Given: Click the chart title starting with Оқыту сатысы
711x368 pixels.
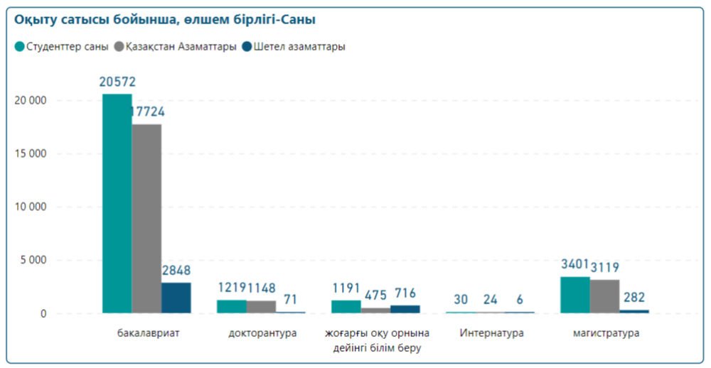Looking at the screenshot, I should (x=166, y=20).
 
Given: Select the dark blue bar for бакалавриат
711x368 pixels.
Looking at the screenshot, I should (x=176, y=298).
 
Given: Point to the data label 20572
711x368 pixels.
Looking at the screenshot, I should (x=117, y=82).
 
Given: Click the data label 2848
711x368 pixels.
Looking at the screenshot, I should (x=176, y=271).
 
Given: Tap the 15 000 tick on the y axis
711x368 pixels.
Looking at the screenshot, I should (x=31, y=153).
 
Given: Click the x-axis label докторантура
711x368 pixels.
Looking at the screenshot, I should (x=262, y=332).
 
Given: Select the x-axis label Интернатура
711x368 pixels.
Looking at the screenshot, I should (x=491, y=332).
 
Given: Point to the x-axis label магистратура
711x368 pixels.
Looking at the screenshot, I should (x=606, y=332).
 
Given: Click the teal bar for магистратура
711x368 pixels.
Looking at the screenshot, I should (x=574, y=295).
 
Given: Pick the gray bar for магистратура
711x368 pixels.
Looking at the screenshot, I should (x=604, y=296).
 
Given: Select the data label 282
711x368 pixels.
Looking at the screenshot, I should (x=634, y=298).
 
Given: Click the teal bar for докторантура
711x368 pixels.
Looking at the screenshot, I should (x=231, y=306).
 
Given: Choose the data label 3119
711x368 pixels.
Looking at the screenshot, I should (x=605, y=268).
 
